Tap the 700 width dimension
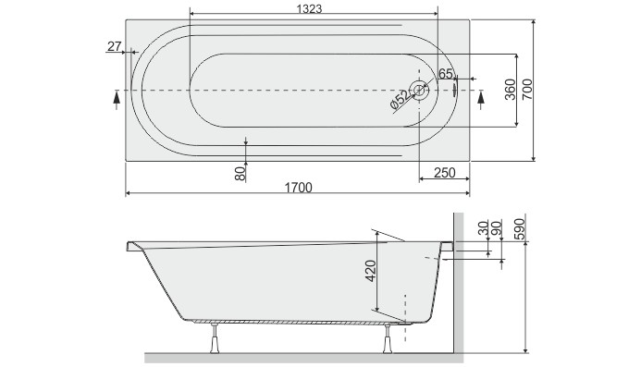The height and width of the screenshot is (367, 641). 527,89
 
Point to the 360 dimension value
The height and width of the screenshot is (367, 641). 508,89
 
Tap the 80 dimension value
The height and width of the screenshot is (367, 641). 240,172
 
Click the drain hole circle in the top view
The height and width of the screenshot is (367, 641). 420,91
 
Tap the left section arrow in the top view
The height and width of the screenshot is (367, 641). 115,95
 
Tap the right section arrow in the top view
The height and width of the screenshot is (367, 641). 480,95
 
